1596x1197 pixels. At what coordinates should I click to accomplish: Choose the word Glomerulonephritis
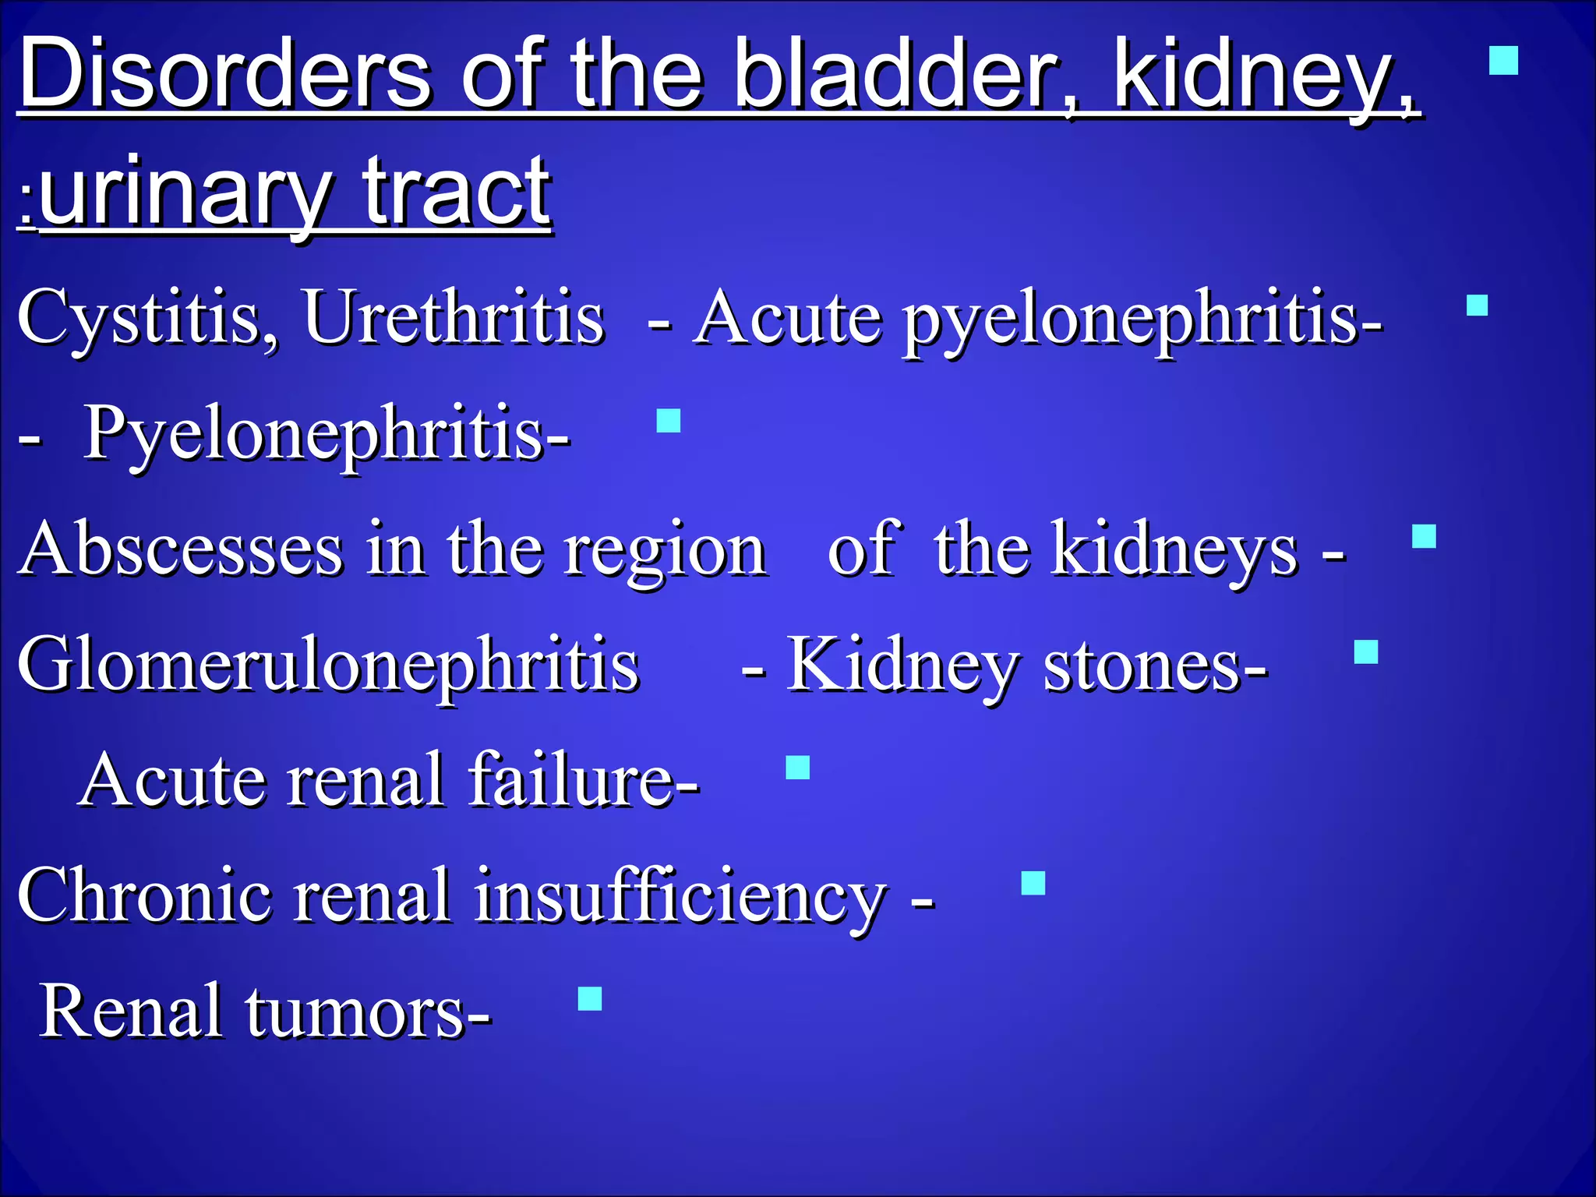point(328,666)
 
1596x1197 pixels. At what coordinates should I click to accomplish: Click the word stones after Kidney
point(1153,666)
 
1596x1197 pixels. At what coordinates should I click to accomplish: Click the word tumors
point(366,1012)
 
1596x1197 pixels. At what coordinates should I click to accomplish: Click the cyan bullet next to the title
point(1503,60)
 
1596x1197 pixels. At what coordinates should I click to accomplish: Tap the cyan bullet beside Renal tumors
point(590,998)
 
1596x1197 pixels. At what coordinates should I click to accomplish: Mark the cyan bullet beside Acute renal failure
point(797,768)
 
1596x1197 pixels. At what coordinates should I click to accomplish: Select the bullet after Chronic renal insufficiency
point(1033,883)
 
